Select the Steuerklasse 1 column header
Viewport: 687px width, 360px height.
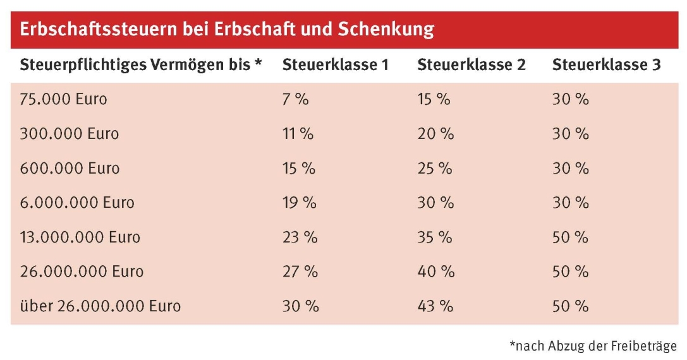(x=335, y=65)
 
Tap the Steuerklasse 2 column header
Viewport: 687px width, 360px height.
(x=471, y=65)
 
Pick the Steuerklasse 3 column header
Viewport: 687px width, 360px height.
(x=607, y=65)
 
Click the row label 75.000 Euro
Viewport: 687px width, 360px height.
(x=64, y=100)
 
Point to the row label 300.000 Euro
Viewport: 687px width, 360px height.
(x=70, y=135)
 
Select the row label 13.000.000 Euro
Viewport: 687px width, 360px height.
(x=80, y=238)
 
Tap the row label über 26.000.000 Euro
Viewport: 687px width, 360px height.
(x=100, y=307)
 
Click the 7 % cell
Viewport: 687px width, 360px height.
(x=295, y=100)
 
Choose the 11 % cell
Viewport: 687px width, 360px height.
(x=298, y=135)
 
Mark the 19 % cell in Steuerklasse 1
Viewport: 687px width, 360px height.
(x=300, y=203)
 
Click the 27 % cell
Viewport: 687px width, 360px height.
(x=300, y=272)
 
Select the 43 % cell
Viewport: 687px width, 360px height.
(x=435, y=307)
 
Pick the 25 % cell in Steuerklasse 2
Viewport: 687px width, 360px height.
(x=435, y=169)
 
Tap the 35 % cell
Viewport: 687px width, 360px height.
(x=435, y=238)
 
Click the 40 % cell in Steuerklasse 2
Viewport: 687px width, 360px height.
(x=436, y=272)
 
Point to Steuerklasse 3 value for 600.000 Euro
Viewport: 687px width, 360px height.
(x=571, y=169)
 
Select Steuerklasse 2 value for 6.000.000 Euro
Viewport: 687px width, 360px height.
(x=435, y=203)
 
